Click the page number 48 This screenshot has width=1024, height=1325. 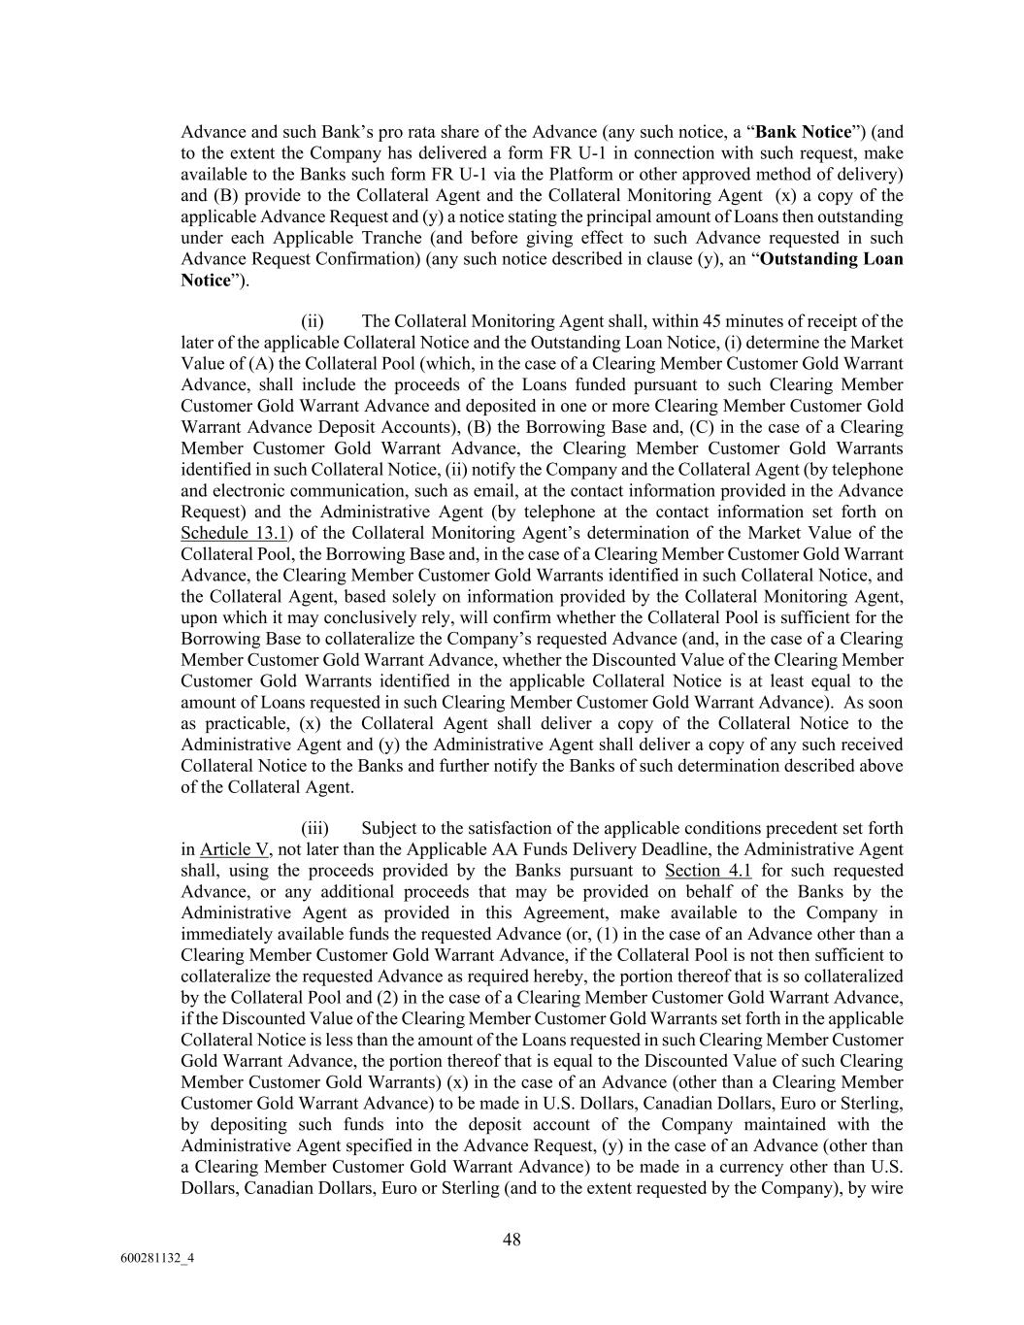[512, 1239]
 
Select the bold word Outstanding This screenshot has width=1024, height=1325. [814, 259]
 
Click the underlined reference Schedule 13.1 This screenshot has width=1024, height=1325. [234, 533]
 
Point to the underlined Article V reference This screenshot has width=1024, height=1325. [234, 849]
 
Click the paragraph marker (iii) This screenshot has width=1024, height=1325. [315, 828]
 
